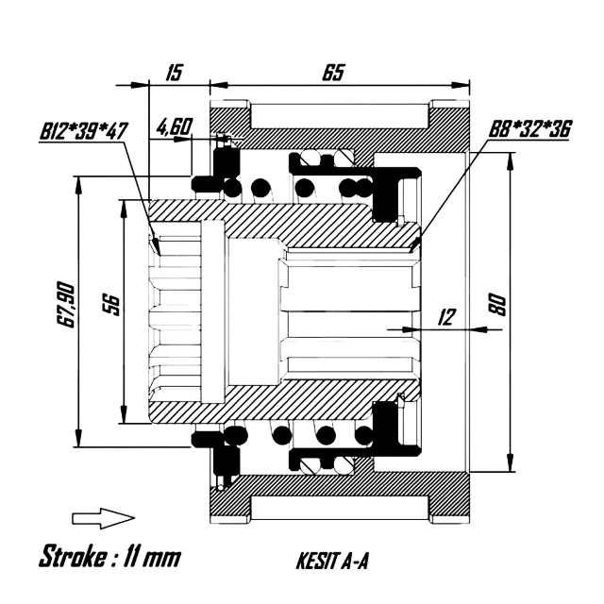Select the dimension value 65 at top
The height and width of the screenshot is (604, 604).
tap(333, 72)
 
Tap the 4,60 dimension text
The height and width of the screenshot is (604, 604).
tap(175, 126)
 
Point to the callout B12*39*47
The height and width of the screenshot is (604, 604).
tap(83, 131)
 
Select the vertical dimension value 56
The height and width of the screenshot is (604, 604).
tap(111, 305)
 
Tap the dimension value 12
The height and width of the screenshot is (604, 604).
tap(446, 317)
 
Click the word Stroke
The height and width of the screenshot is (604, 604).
tap(73, 557)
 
